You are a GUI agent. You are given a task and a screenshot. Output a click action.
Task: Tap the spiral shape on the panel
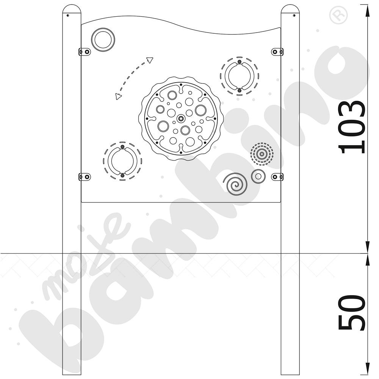tap(235, 184)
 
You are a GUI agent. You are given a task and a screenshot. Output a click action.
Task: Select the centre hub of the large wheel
tap(180, 118)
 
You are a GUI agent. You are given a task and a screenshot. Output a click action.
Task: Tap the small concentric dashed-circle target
tap(262, 154)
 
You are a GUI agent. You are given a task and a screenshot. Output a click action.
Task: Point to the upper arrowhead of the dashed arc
tap(150, 60)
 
